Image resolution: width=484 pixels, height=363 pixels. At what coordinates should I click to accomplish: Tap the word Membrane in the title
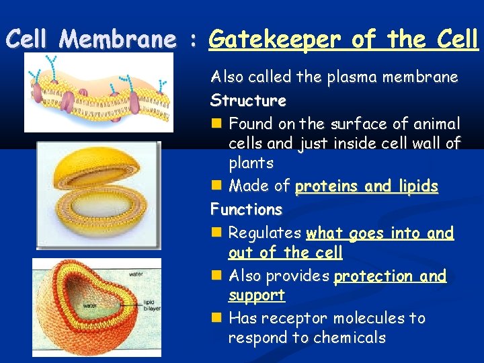point(116,40)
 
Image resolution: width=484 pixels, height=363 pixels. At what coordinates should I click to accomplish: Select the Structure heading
point(248,101)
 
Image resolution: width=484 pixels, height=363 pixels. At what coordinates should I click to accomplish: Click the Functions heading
point(247,209)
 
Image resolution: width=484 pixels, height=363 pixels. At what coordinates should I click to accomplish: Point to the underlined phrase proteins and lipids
point(367,186)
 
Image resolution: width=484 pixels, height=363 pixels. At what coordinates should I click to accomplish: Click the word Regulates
point(265,233)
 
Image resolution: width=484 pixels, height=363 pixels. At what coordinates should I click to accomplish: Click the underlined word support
point(256,295)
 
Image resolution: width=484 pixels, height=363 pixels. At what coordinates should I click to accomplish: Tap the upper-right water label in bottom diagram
point(136,274)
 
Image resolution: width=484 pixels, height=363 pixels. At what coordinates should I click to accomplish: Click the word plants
point(251,163)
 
